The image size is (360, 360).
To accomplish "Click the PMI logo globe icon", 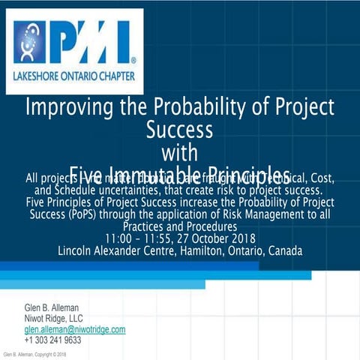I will tap(29, 42).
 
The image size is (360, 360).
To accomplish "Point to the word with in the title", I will tap(179, 151).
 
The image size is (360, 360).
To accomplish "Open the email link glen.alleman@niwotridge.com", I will tap(74, 329).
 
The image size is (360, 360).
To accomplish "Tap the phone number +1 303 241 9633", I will tap(53, 340).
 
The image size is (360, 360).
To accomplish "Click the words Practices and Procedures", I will tap(179, 226).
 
